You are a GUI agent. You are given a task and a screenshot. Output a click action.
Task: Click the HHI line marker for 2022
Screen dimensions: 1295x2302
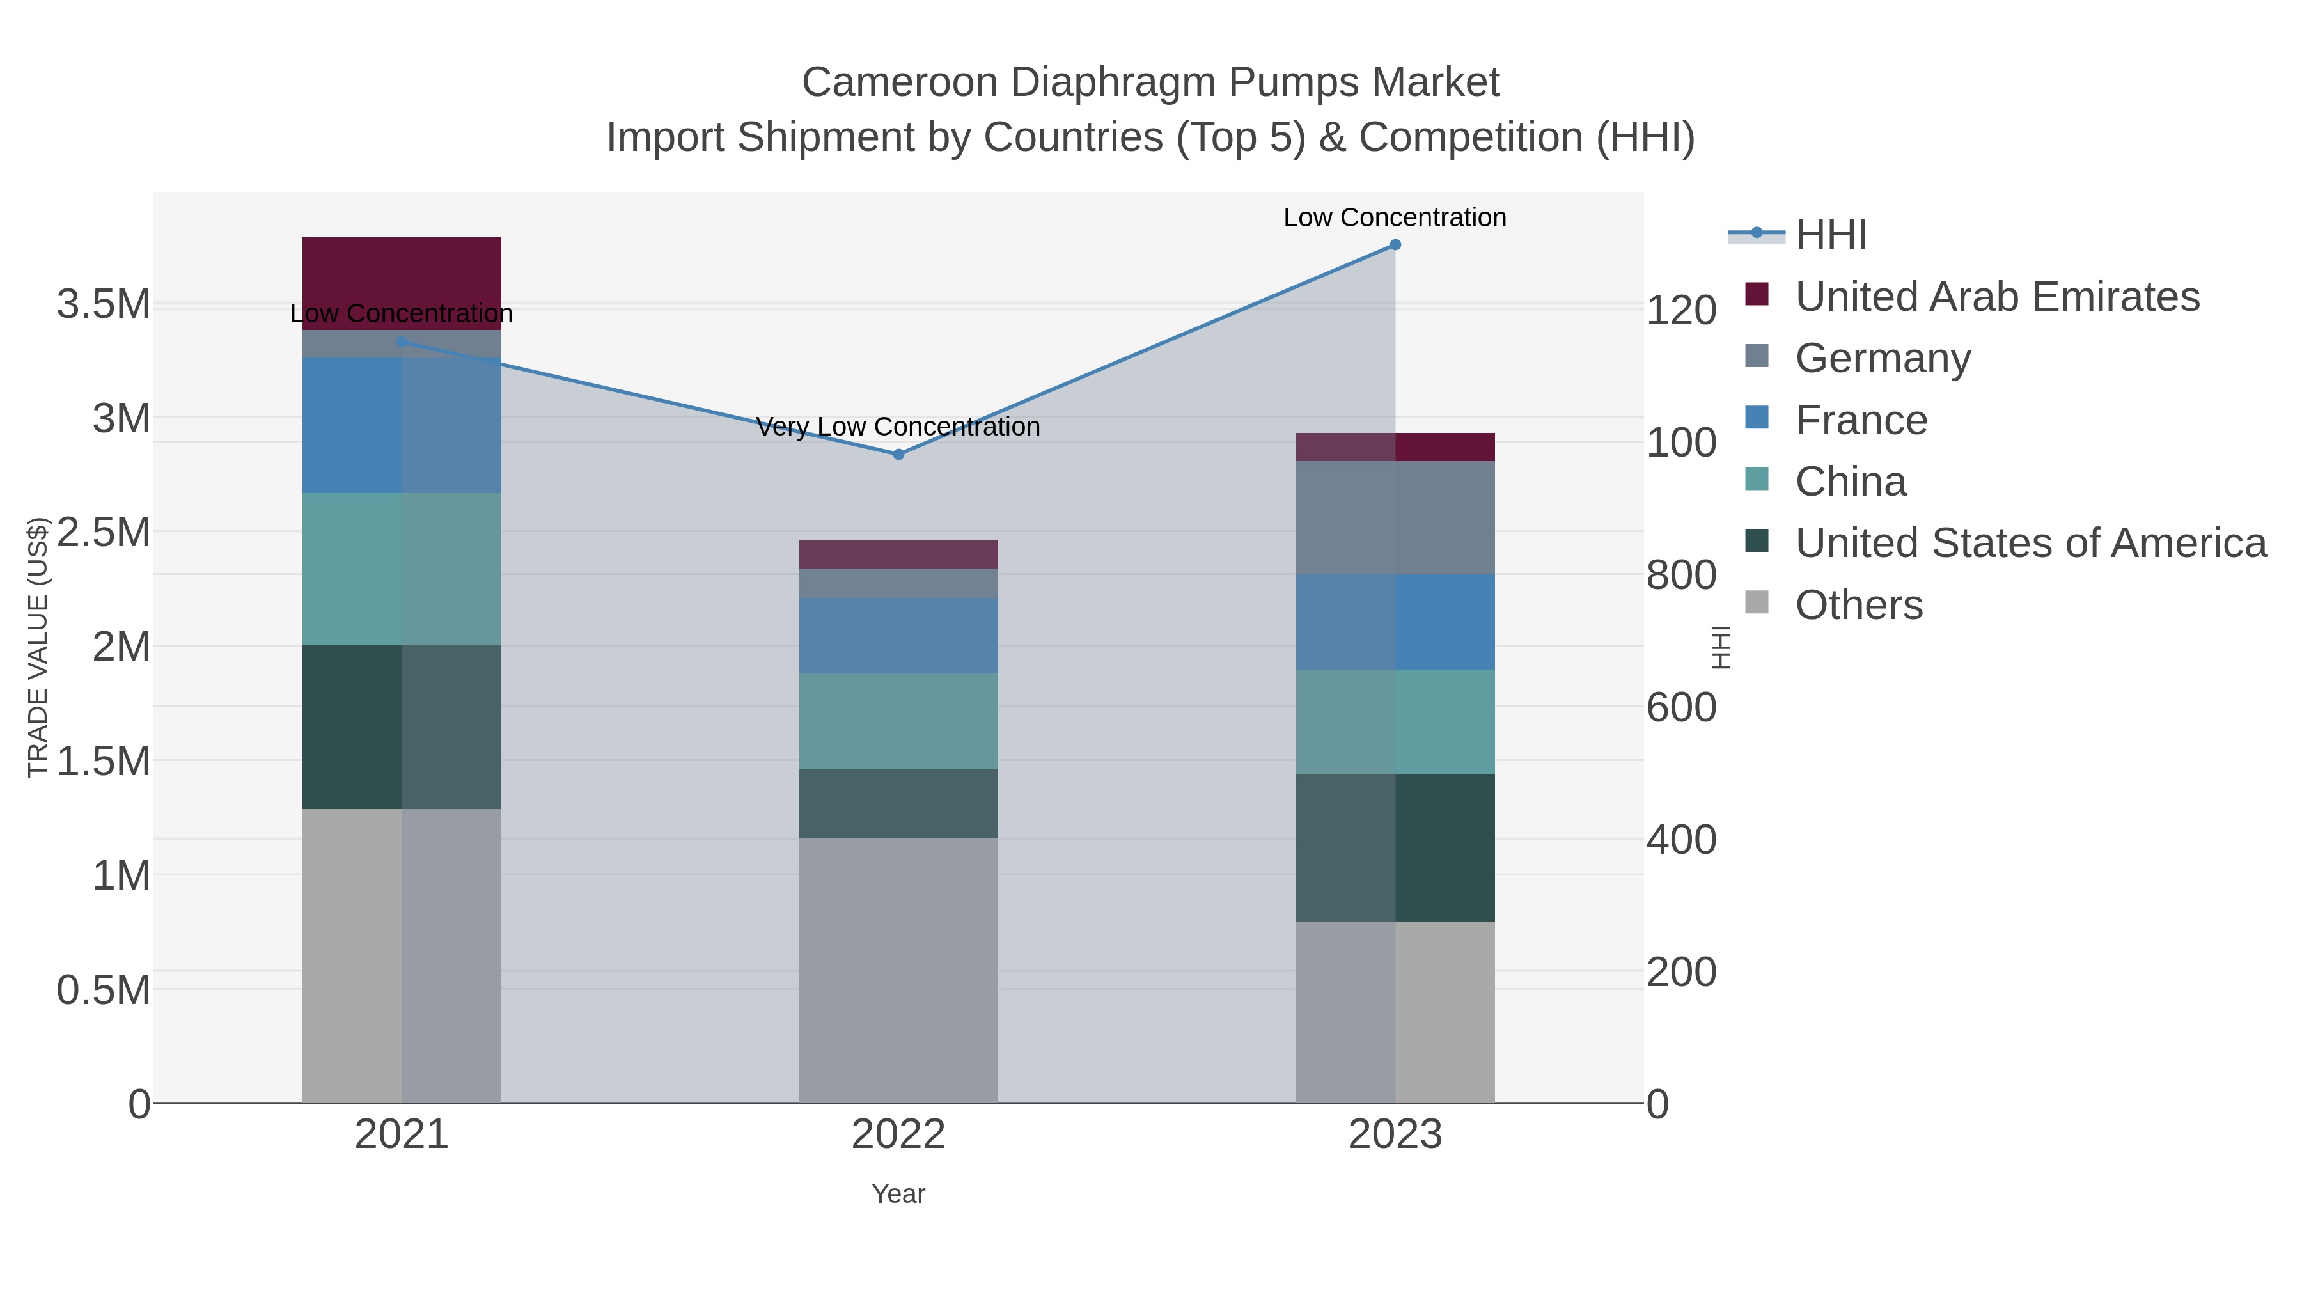click(x=898, y=454)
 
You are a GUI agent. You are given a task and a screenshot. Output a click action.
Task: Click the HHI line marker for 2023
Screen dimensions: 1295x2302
click(x=1395, y=245)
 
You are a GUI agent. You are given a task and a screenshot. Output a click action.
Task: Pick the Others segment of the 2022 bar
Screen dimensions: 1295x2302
click(x=898, y=969)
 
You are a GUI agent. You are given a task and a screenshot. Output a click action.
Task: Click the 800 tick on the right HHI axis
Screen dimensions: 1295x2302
click(x=1681, y=576)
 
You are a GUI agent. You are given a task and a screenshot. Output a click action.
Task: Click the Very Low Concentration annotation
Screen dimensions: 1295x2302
click(x=898, y=427)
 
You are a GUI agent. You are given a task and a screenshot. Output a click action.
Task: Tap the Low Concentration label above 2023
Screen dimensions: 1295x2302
click(x=1395, y=217)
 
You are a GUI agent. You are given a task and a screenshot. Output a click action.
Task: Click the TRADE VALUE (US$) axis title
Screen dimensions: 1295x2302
click(x=38, y=647)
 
